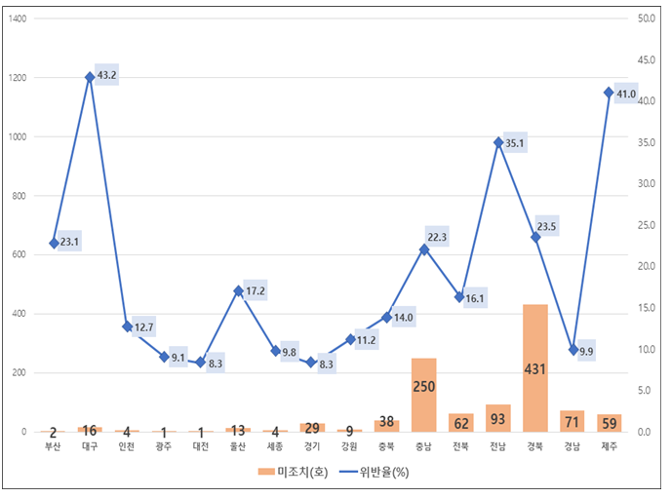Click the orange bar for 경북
click(535, 368)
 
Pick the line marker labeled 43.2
click(90, 76)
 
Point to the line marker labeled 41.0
click(609, 93)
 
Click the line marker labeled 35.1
click(498, 142)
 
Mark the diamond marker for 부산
click(54, 243)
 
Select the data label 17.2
click(256, 291)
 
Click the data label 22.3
click(437, 238)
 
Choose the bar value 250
click(424, 387)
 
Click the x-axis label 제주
click(610, 446)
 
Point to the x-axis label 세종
click(275, 446)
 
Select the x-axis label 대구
click(90, 446)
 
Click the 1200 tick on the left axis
click(21, 78)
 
